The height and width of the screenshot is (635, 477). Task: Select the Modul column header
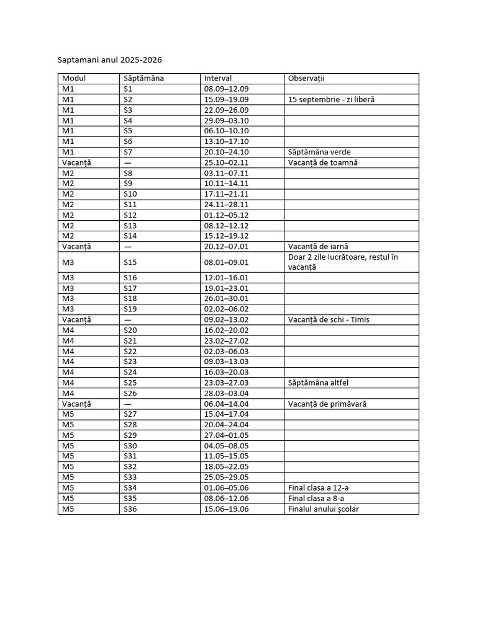point(74,79)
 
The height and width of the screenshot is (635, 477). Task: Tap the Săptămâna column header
point(143,79)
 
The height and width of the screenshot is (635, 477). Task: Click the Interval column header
point(218,79)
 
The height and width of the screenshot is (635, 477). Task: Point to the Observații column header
point(306,79)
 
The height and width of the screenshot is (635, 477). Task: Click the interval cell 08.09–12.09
point(226,89)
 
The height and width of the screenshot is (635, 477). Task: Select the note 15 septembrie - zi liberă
point(331,100)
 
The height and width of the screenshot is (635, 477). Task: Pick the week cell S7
point(128,152)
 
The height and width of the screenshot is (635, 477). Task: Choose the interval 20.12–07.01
point(226,246)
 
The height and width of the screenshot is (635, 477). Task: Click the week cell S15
point(130,262)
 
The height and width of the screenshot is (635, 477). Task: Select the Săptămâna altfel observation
point(322,383)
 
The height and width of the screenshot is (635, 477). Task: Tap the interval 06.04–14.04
point(226,404)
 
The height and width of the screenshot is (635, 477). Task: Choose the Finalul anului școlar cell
point(324,509)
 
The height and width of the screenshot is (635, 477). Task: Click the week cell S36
point(130,509)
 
